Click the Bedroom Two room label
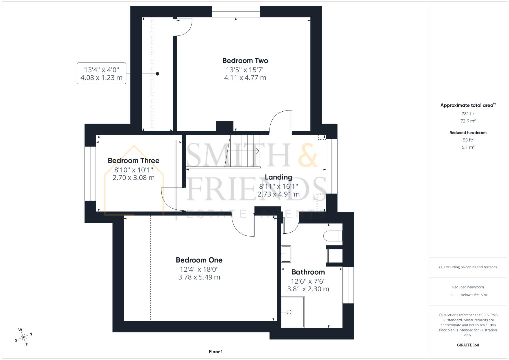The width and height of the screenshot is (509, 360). [245, 61]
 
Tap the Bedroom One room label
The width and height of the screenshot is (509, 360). [199, 260]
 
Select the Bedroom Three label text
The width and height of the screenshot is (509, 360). [133, 161]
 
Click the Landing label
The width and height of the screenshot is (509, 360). [278, 177]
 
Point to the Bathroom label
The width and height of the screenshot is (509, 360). [308, 272]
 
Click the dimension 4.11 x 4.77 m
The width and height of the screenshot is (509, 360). [245, 78]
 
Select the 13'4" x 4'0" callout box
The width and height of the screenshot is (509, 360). [101, 73]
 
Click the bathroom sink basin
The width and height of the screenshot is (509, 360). [286, 254]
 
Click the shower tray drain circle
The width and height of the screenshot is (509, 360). [289, 312]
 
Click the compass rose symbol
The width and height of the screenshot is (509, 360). [23, 337]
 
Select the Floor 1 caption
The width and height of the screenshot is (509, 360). [216, 352]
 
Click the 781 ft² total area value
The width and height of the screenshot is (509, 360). [468, 114]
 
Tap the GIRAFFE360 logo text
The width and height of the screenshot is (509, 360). [468, 345]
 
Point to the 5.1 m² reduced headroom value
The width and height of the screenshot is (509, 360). [468, 147]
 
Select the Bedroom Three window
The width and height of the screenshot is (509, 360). [90, 174]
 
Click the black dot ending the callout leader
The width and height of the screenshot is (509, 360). [157, 74]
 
